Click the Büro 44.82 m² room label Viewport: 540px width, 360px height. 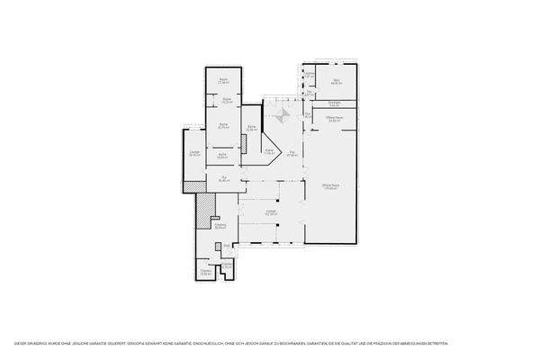(337, 82)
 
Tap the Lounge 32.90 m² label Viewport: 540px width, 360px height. (194, 154)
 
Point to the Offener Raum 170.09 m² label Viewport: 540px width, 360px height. (329, 186)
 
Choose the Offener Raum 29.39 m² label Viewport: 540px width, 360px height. (333, 119)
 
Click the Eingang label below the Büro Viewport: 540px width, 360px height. (334, 104)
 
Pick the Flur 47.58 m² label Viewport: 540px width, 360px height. (292, 154)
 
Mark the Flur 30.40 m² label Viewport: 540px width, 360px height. (222, 179)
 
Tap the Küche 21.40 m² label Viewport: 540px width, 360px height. (222, 82)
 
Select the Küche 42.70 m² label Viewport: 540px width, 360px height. (223, 125)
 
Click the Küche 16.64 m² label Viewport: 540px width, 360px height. (221, 156)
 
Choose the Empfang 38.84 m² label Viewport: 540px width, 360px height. (220, 226)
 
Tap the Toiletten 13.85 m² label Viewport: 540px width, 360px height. (206, 273)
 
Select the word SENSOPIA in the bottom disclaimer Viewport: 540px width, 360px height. (151, 344)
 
